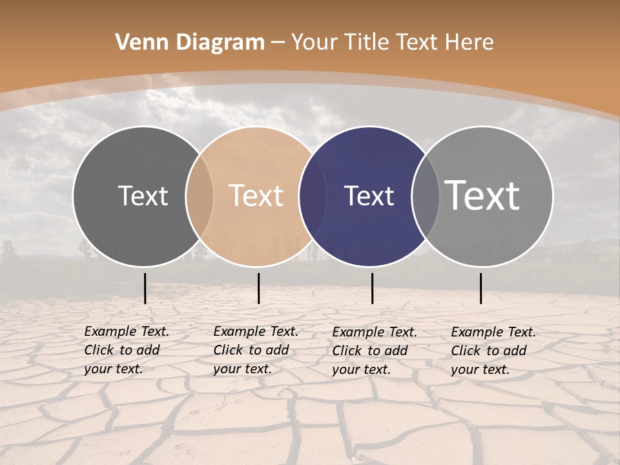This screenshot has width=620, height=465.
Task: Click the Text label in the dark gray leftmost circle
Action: [x=143, y=196]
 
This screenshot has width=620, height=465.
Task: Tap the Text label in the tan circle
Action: [x=256, y=196]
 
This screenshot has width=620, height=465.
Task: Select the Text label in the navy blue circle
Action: [x=369, y=196]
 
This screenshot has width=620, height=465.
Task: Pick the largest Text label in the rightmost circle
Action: [x=482, y=196]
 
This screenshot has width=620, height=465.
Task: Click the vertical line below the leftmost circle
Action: [x=145, y=288]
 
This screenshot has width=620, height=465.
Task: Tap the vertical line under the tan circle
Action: [x=258, y=288]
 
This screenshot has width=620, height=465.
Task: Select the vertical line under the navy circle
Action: [x=372, y=288]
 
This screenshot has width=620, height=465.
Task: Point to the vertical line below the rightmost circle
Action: [x=480, y=288]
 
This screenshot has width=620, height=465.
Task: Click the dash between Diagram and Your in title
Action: [x=278, y=43]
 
